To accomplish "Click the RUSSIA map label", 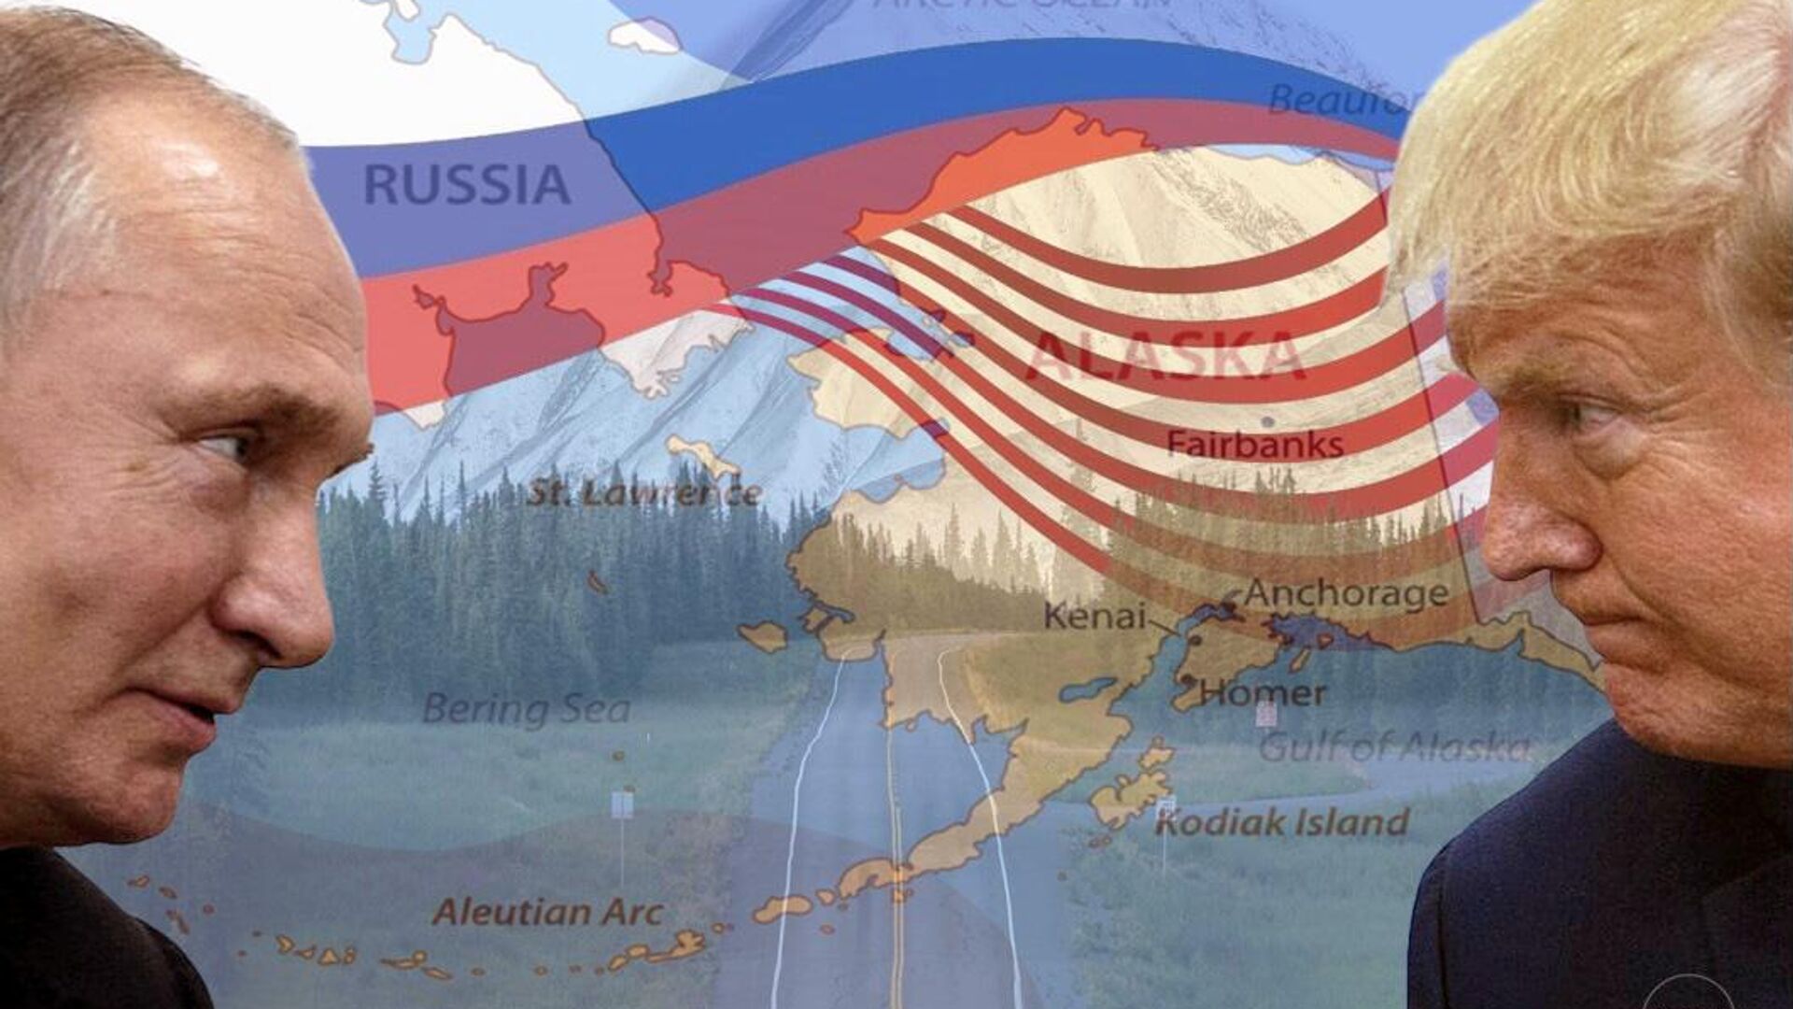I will (466, 184).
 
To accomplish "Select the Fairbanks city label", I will (1255, 444).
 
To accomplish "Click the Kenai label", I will (1094, 616).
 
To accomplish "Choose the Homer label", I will (1263, 693).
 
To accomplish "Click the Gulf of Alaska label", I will (1393, 747).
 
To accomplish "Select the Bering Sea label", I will (526, 709).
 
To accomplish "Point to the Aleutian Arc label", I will (548, 911).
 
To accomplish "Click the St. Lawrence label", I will (644, 492).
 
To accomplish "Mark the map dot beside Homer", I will (1187, 679).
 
